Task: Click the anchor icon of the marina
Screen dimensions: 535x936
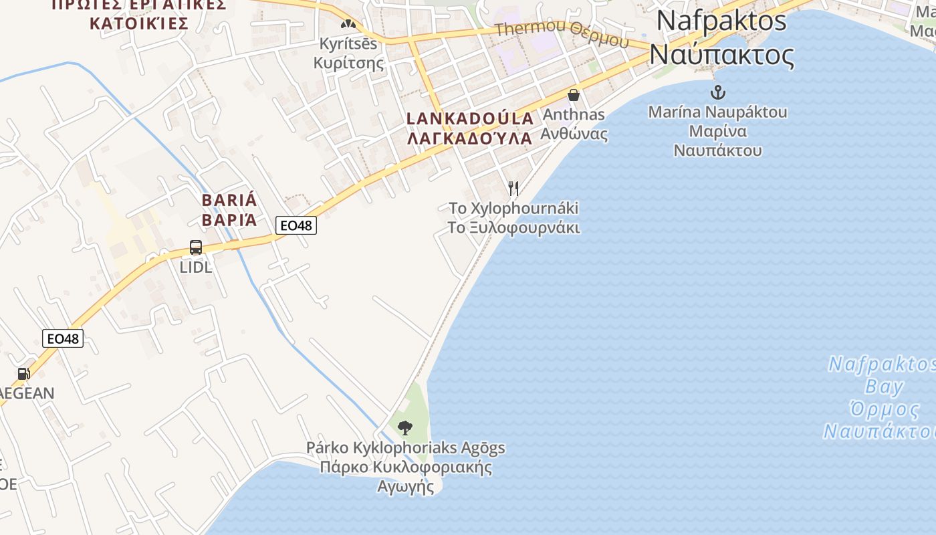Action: click(718, 92)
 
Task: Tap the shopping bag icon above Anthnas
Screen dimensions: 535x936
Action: click(573, 95)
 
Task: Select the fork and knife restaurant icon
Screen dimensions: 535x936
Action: click(513, 189)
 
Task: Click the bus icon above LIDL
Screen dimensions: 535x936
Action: click(196, 247)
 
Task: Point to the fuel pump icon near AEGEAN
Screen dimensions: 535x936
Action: click(23, 374)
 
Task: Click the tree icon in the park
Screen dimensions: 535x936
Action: click(404, 427)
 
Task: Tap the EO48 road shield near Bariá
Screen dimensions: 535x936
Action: click(296, 225)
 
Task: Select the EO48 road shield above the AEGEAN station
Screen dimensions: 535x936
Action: click(63, 338)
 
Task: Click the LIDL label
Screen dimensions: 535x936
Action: click(196, 267)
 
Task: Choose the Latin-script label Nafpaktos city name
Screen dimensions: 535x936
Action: click(721, 21)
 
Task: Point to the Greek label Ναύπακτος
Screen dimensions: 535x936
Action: click(721, 54)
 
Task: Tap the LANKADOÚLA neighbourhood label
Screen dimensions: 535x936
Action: click(471, 119)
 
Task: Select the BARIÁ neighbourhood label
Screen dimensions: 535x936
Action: click(229, 200)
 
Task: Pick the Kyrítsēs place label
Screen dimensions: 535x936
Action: click(348, 44)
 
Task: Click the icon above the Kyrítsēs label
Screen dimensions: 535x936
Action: click(348, 24)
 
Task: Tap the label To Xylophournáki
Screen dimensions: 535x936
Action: click(513, 208)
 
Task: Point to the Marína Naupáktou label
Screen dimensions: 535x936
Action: click(717, 112)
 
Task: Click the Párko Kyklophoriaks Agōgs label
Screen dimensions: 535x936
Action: click(405, 447)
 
